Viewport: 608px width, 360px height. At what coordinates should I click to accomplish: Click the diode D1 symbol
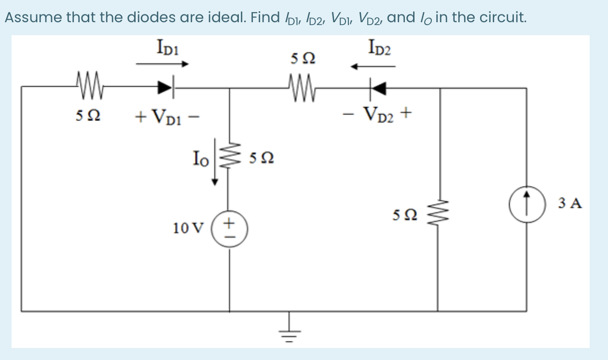tap(166, 88)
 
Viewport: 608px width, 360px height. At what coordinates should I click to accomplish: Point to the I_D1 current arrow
tap(162, 63)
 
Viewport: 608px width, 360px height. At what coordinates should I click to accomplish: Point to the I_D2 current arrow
tap(373, 67)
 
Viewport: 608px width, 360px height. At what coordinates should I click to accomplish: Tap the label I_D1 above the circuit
tap(165, 47)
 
